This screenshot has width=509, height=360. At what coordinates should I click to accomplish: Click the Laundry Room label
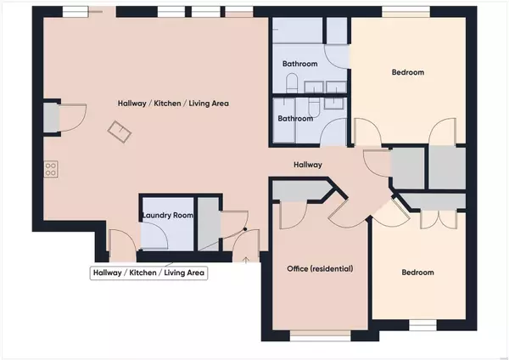click(x=168, y=215)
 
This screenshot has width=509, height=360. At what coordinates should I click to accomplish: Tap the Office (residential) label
click(x=320, y=268)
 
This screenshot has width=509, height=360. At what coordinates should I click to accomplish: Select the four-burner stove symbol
click(x=51, y=169)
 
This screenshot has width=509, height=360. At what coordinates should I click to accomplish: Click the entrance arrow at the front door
click(x=246, y=259)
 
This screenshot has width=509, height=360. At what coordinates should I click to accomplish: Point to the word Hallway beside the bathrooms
click(x=308, y=165)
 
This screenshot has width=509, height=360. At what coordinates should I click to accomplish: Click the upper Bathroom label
click(x=300, y=64)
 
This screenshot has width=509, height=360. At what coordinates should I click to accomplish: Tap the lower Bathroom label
click(x=295, y=119)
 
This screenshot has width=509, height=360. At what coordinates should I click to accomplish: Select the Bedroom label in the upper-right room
click(x=408, y=72)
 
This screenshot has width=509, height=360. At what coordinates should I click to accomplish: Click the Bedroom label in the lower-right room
click(x=417, y=273)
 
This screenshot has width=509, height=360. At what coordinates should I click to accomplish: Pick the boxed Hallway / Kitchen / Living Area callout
click(x=148, y=273)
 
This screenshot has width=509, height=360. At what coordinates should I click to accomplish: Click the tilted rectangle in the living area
click(x=120, y=132)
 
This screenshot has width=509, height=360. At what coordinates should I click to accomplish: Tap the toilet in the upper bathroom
click(x=292, y=83)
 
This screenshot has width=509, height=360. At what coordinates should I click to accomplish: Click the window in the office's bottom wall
click(x=320, y=336)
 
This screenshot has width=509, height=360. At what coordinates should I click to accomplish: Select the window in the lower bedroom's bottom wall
click(x=422, y=325)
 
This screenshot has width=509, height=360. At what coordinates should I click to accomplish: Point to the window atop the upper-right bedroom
click(x=406, y=11)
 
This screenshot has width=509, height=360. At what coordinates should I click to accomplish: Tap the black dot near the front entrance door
click(x=245, y=229)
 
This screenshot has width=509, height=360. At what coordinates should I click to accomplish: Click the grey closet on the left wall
click(x=52, y=118)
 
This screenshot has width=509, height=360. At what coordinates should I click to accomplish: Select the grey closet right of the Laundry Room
click(x=208, y=224)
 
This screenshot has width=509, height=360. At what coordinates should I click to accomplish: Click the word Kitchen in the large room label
click(x=167, y=104)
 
